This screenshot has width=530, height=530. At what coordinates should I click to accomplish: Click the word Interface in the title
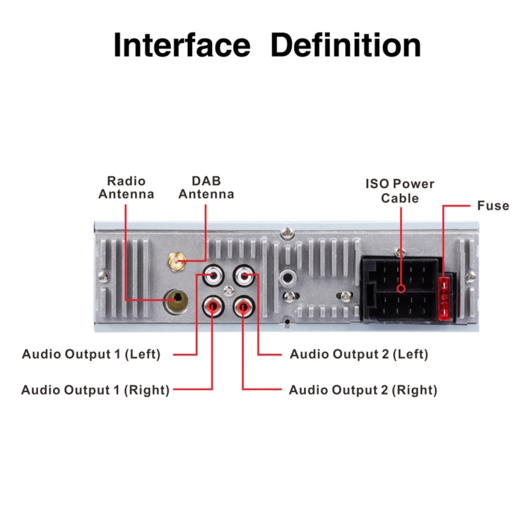[182, 45]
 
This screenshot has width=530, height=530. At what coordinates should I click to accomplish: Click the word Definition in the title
[346, 45]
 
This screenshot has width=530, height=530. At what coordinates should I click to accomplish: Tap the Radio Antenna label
[126, 187]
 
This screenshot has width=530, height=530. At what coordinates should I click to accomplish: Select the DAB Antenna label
[206, 187]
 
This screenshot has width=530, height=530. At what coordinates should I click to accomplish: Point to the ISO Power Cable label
[399, 191]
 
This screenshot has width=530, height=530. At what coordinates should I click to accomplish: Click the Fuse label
[493, 206]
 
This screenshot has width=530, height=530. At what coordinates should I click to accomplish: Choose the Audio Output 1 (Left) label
[91, 354]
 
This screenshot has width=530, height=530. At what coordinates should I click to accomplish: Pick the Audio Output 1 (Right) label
[95, 389]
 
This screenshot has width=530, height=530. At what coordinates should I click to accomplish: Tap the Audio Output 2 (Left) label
[359, 354]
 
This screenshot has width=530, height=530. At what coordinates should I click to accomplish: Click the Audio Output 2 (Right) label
[363, 389]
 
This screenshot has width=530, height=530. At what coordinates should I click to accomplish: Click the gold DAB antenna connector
[175, 264]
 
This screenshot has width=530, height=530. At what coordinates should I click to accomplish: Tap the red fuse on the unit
[444, 297]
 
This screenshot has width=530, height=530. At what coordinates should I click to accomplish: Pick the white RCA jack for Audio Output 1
[213, 273]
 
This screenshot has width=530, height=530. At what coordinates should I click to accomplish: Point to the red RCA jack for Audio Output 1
[213, 306]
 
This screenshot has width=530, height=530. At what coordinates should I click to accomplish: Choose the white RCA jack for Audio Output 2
[244, 273]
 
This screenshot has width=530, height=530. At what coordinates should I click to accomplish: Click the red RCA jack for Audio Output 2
[244, 306]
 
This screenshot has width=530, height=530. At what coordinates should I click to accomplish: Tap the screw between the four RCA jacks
[228, 290]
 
